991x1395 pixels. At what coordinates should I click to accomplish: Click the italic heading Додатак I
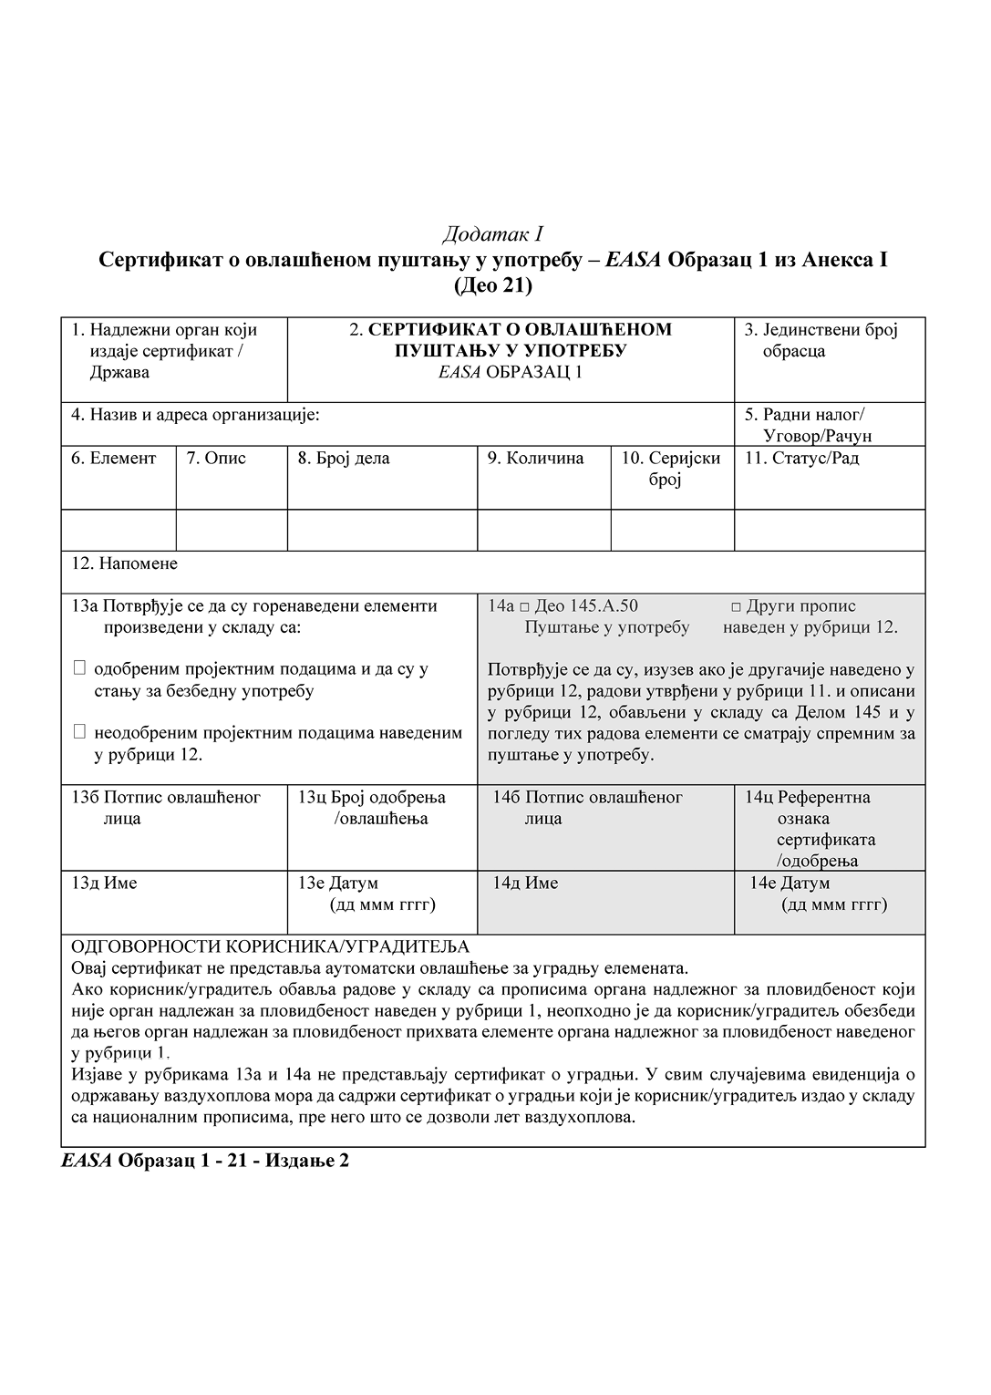[x=492, y=234]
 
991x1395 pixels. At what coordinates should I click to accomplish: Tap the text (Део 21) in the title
[x=492, y=285]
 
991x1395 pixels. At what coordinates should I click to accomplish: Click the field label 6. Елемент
[x=114, y=459]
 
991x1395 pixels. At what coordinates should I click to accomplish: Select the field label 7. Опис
[x=216, y=459]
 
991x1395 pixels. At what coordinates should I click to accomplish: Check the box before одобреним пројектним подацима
[x=79, y=668]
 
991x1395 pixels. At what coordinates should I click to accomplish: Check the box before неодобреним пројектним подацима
[x=79, y=731]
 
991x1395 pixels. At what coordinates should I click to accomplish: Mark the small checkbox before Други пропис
[x=736, y=607]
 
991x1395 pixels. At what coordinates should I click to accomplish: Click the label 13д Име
[x=104, y=883]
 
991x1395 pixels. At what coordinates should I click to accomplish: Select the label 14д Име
[x=525, y=883]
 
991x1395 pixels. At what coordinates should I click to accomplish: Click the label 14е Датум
[x=790, y=883]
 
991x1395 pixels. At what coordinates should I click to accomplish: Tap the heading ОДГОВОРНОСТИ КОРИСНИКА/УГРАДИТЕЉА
[x=270, y=947]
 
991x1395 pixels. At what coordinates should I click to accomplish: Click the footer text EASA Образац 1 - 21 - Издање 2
[x=205, y=1161]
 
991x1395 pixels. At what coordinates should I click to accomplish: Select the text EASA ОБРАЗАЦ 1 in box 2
[x=510, y=372]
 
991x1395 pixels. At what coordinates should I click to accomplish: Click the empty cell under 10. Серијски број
[x=672, y=530]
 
